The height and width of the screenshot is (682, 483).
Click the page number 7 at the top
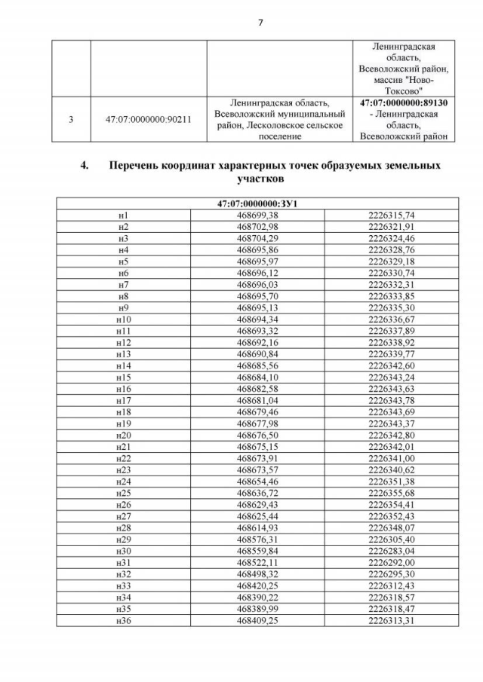pyautogui.click(x=260, y=22)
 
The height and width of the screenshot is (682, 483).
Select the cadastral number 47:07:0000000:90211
pyautogui.click(x=148, y=119)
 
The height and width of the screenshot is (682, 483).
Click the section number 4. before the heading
pyautogui.click(x=85, y=165)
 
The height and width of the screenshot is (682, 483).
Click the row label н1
pyautogui.click(x=123, y=216)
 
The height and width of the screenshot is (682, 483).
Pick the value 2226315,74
pyautogui.click(x=391, y=216)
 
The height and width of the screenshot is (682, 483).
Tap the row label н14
pyautogui.click(x=123, y=365)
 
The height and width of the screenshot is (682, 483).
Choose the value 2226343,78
pyautogui.click(x=391, y=400)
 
